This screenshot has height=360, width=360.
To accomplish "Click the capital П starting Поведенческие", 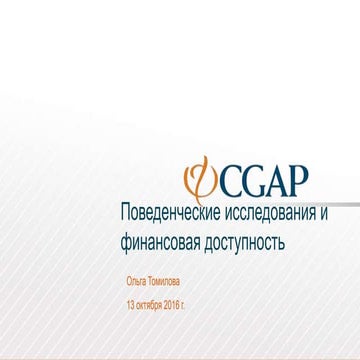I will [x=125, y=213].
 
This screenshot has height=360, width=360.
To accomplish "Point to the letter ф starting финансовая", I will [x=125, y=242].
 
